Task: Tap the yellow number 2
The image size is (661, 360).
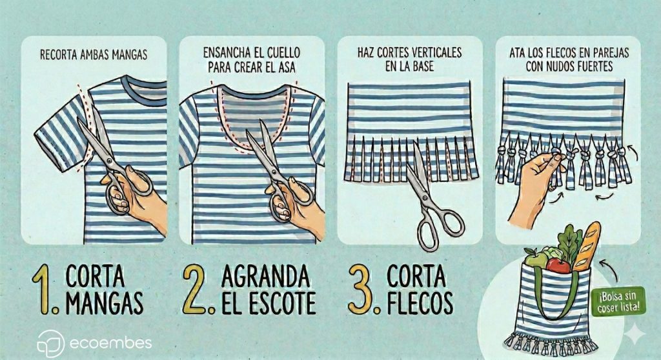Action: point(196,290)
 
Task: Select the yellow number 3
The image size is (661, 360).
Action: point(363,290)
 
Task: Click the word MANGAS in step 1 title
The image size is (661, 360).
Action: point(105,303)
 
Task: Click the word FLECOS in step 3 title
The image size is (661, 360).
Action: point(420,303)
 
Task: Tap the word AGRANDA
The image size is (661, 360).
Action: point(265,277)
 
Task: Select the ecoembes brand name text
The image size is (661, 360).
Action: point(110,343)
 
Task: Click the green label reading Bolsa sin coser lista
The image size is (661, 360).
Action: point(622,301)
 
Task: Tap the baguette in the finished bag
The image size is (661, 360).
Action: point(586,246)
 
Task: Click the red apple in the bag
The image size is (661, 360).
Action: point(558,266)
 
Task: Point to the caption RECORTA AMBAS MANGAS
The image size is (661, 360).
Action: point(94,55)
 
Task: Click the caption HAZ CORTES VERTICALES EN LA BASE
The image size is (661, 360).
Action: point(409,59)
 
